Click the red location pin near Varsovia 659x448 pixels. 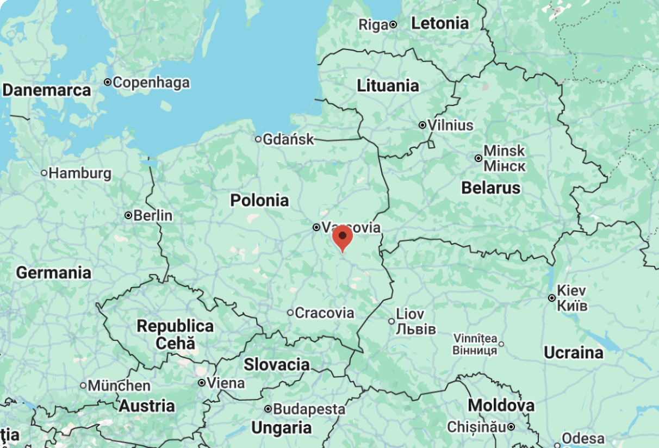343,238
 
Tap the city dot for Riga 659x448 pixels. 393,24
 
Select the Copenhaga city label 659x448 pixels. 151,83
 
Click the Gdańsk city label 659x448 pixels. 288,139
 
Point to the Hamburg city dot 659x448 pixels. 44,173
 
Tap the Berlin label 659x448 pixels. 153,215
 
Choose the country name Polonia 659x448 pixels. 259,200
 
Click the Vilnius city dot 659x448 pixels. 422,125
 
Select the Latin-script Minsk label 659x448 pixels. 504,151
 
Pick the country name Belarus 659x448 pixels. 490,188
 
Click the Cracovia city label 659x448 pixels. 324,313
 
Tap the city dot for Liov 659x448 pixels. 391,321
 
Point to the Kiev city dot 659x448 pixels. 552,298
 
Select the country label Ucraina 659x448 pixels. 573,353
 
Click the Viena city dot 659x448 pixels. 202,383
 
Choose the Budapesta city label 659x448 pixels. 309,409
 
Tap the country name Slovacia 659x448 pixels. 276,364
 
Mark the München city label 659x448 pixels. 119,385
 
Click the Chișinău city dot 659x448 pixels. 511,427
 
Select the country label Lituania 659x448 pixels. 388,85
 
